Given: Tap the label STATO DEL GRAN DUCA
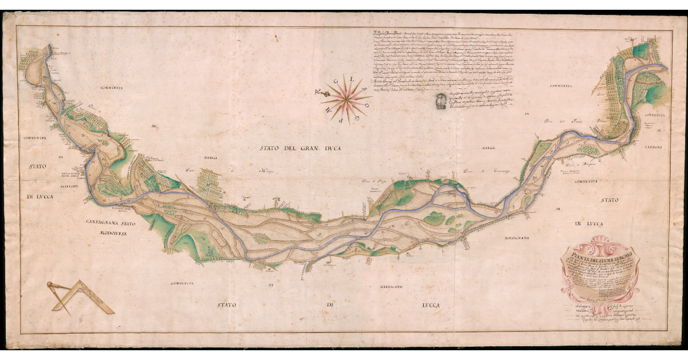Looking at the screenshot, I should pos(295,149).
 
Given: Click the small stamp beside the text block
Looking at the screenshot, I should pos(440,101).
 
